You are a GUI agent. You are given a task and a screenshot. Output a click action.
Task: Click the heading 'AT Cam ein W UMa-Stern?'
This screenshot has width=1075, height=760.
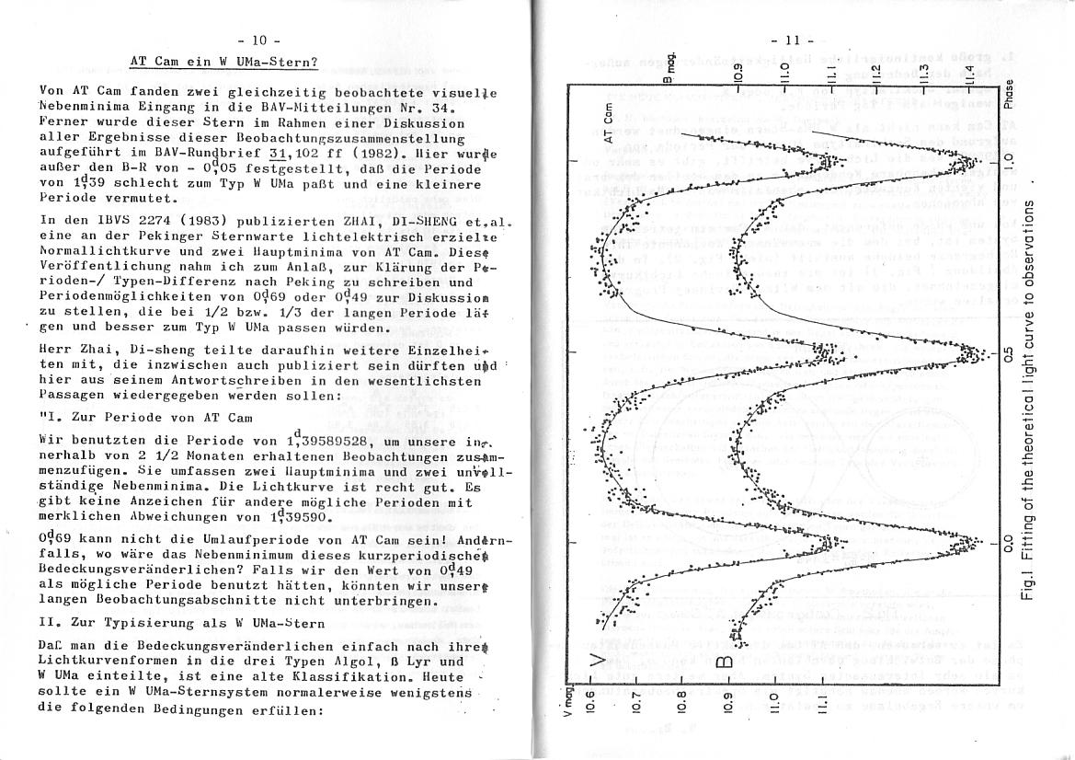click(x=223, y=62)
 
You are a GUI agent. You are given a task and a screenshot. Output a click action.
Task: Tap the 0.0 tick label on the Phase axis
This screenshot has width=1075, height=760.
click(x=1010, y=543)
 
